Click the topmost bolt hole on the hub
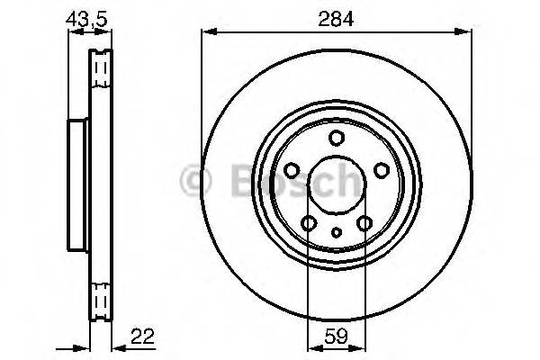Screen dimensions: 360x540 337,138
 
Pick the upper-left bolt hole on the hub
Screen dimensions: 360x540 292,170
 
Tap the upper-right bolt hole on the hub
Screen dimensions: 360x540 381,170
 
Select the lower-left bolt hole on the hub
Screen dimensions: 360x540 309,223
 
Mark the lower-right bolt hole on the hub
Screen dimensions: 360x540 364,223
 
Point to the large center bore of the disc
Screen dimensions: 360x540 337,184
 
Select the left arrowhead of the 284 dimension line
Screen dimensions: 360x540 206,32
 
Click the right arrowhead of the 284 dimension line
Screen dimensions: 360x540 467,32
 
